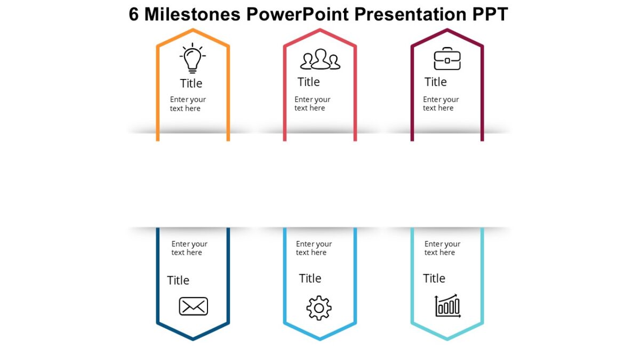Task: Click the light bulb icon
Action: click(193, 59)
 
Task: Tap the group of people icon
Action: click(320, 59)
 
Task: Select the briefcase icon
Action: click(447, 59)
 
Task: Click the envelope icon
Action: click(193, 306)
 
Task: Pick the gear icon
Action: click(319, 308)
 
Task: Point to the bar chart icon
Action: click(448, 306)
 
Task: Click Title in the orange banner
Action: click(191, 83)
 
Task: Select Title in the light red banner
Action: click(308, 82)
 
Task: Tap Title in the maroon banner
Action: click(435, 82)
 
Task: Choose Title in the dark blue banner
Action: click(178, 280)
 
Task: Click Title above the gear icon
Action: click(310, 278)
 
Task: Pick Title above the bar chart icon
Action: click(434, 278)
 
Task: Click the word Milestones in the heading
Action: click(192, 14)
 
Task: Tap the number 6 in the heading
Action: click(134, 14)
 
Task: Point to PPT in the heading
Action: click(490, 14)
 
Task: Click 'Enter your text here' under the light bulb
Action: click(188, 103)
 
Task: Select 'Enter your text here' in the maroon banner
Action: click(441, 103)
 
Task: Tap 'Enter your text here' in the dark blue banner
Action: click(189, 248)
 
